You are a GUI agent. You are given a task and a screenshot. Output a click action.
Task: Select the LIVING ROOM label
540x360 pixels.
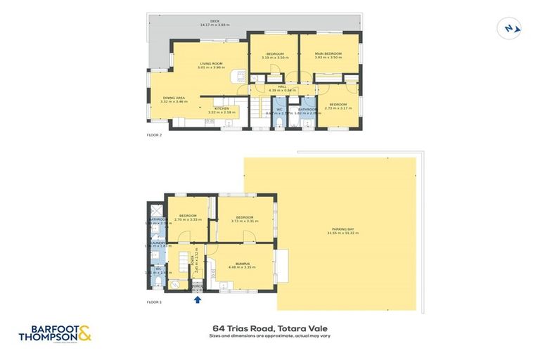click(211, 63)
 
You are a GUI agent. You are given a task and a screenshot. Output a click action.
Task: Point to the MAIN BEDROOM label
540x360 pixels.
click(328, 53)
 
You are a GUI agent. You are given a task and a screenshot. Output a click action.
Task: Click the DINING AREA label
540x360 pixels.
click(174, 98)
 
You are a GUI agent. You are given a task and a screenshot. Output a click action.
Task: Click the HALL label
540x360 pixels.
click(282, 86)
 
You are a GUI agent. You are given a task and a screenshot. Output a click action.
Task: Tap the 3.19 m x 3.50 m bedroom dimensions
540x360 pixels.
click(274, 57)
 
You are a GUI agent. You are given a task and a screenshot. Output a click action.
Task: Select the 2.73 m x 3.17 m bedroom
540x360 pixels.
click(338, 107)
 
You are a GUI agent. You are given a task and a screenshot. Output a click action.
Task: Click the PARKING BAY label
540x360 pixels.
click(342, 229)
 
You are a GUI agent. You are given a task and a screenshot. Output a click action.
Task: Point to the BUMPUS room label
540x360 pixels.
click(242, 264)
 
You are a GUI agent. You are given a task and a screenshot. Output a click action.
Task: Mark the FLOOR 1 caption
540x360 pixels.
click(154, 302)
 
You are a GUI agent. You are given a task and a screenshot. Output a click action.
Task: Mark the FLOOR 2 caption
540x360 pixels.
click(154, 134)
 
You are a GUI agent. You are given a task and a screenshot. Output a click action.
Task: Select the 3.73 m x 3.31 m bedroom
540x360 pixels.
click(244, 219)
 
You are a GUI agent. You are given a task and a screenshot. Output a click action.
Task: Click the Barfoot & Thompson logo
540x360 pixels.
click(56, 333)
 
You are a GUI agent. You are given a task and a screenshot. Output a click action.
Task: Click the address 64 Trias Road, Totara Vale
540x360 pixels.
click(269, 328)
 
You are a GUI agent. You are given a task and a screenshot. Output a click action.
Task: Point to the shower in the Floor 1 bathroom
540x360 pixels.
click(154, 209)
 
